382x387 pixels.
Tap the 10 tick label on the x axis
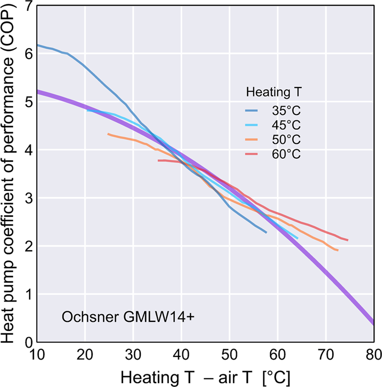pos(37,354)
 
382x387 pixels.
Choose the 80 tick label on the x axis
pos(373,354)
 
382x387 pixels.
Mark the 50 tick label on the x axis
pos(229,354)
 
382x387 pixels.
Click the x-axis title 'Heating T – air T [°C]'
pos(205,377)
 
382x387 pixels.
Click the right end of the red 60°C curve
pos(347,240)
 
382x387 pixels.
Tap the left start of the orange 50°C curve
pos(109,134)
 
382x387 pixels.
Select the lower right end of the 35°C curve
pos(266,233)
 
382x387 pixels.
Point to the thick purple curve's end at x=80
pos(373,324)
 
